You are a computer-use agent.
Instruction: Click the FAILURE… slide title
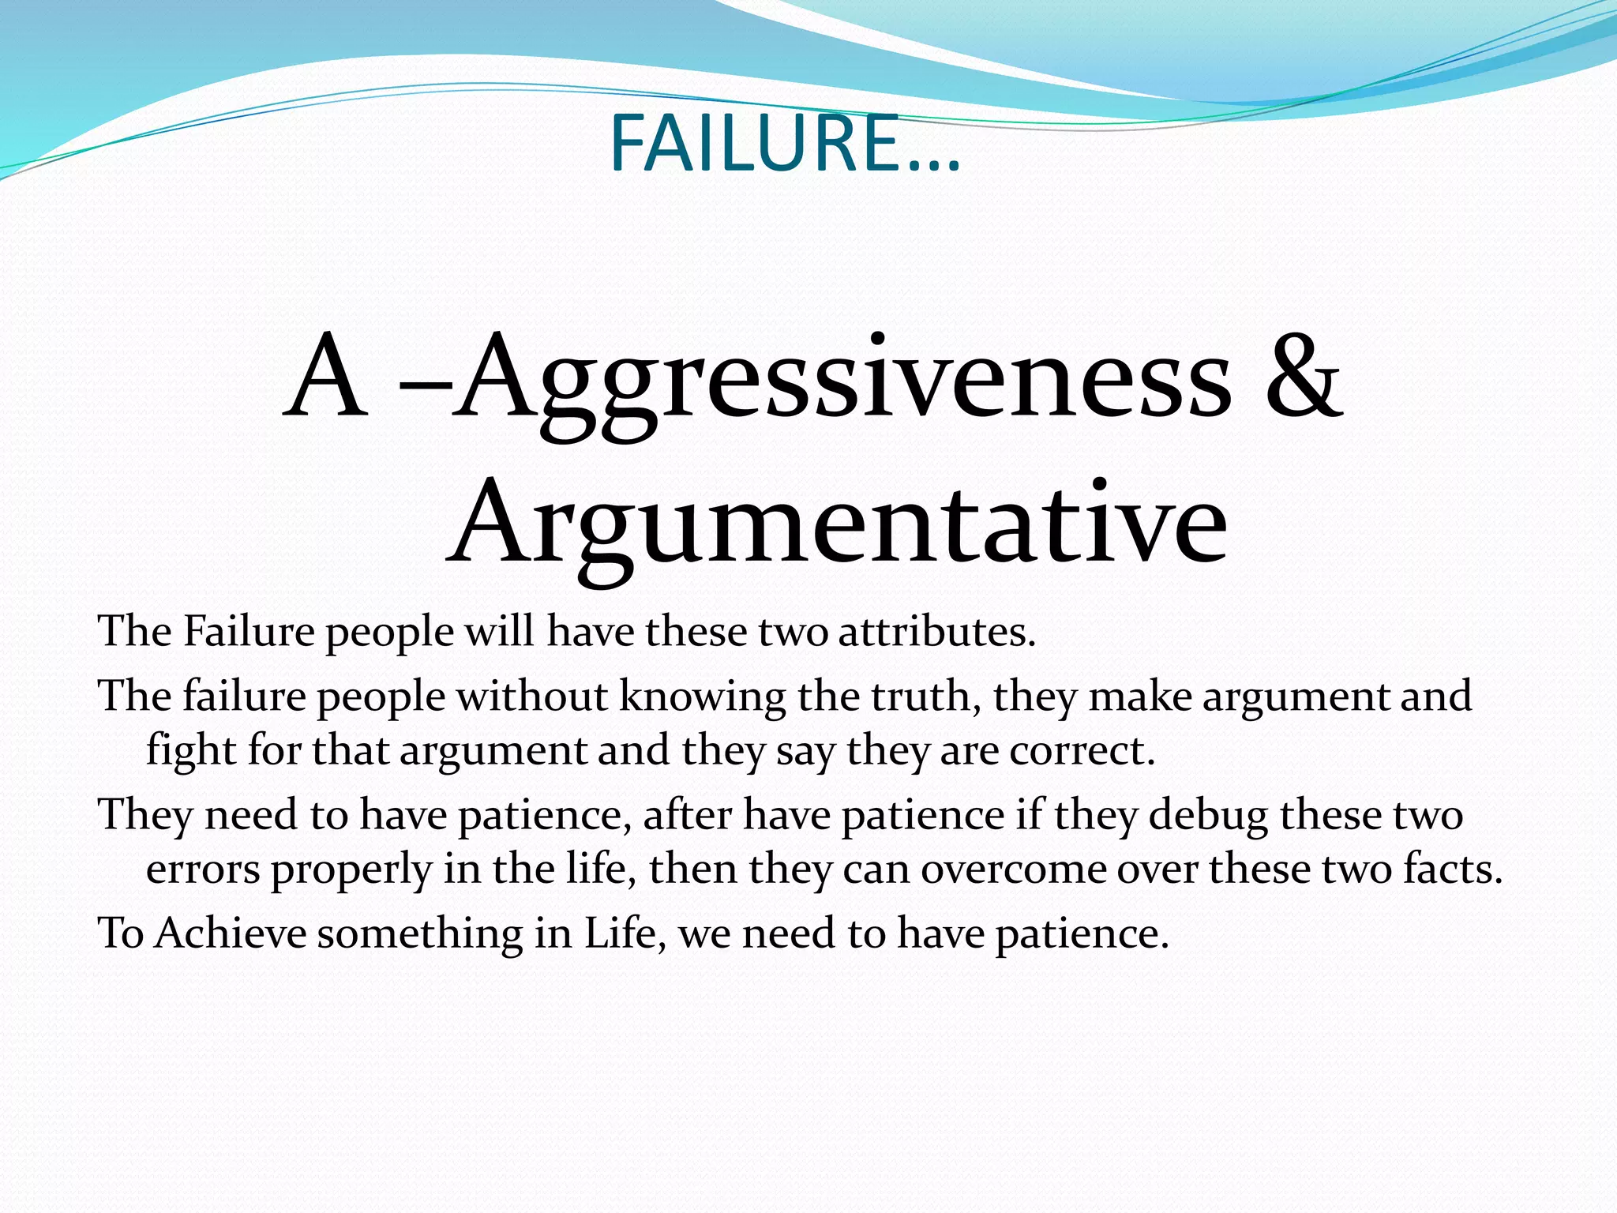pyautogui.click(x=785, y=144)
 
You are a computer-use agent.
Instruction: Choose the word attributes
pyautogui.click(x=936, y=632)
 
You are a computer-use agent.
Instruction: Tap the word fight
pyautogui.click(x=190, y=750)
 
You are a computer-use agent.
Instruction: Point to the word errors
pyautogui.click(x=203, y=869)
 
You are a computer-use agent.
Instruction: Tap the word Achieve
pyautogui.click(x=231, y=933)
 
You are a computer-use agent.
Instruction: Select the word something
pyautogui.click(x=420, y=933)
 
